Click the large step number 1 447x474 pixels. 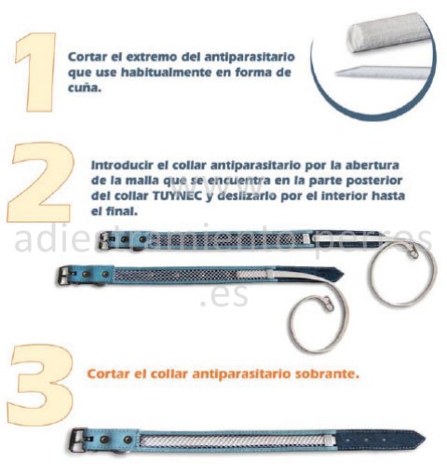(36, 72)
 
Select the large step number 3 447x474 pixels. (41, 385)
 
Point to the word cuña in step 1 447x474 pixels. (85, 88)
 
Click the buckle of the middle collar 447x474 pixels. (65, 275)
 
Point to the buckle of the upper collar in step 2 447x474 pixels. (105, 241)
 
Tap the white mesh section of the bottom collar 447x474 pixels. (236, 440)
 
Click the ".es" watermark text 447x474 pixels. (224, 295)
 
